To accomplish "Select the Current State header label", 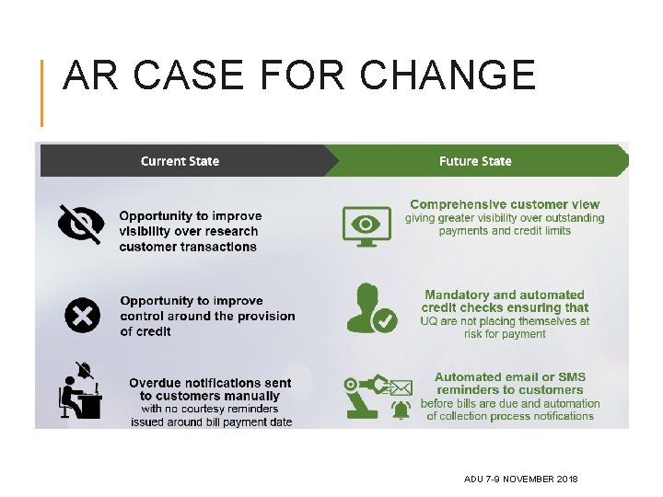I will (180, 161).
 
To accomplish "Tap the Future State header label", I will (475, 161).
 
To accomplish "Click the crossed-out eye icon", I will (80, 225).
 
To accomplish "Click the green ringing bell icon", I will (401, 409).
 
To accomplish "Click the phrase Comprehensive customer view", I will (505, 204).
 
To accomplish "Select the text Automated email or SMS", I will (510, 376).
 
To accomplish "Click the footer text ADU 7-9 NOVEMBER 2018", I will (521, 480).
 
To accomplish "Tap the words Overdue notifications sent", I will (210, 383).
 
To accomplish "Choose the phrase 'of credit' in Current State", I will (145, 331).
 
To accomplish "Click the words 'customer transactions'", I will (188, 247).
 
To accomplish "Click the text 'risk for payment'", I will (505, 334).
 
